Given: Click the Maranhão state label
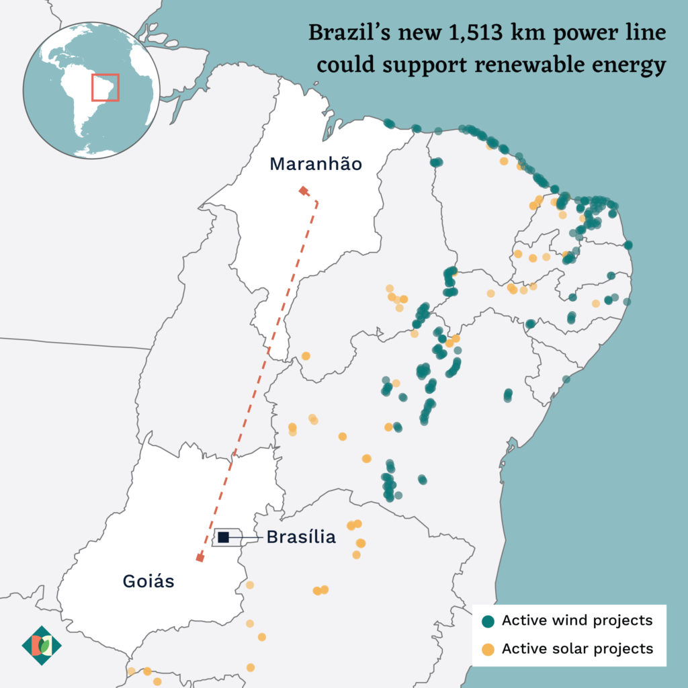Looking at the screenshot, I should tap(316, 164).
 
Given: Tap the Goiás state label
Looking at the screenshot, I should tap(148, 581).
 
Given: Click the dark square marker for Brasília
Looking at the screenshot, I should tap(224, 536).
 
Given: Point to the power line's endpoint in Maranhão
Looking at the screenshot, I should tap(304, 191).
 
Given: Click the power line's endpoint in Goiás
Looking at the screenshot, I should tap(200, 558).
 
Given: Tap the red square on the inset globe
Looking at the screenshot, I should tap(105, 87).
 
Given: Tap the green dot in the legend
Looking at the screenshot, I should tap(489, 621).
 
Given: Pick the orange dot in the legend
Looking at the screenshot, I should tap(489, 649).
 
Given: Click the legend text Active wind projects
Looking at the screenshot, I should tap(577, 620).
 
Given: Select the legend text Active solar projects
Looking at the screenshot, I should tap(577, 648).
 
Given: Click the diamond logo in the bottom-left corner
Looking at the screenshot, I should tap(42, 646).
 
